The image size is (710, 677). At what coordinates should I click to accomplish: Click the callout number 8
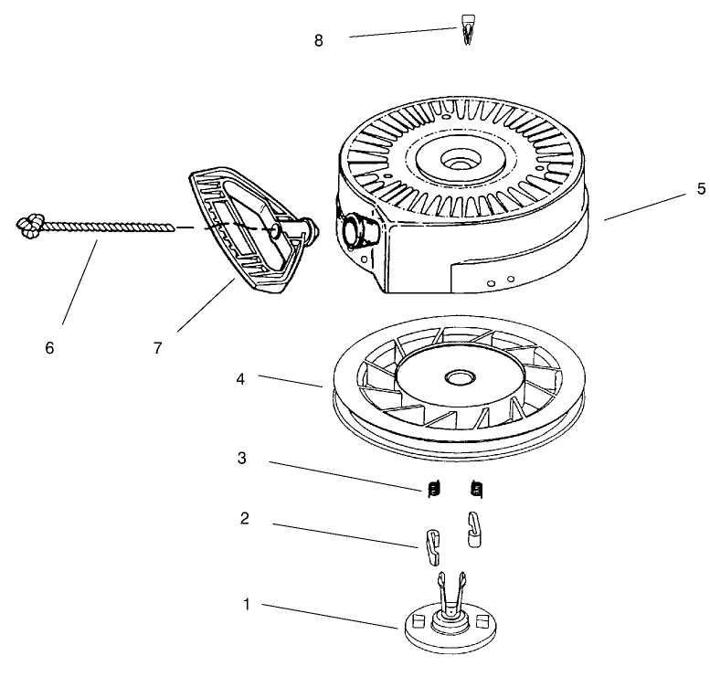tap(319, 41)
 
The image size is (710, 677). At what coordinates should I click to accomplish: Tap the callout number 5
tap(701, 189)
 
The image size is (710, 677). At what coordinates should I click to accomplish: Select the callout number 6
tap(49, 348)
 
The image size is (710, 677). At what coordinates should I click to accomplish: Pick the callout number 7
tap(158, 348)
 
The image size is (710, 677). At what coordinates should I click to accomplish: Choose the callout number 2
tap(244, 519)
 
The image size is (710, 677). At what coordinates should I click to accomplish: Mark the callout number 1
tap(246, 604)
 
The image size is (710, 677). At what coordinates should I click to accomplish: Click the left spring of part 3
tap(433, 490)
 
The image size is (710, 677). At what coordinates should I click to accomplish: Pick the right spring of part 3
tap(475, 490)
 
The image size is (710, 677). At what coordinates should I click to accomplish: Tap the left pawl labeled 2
tap(429, 545)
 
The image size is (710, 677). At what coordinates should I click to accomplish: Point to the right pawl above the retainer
tap(475, 528)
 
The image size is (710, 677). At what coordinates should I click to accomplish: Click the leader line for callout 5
tap(637, 205)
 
